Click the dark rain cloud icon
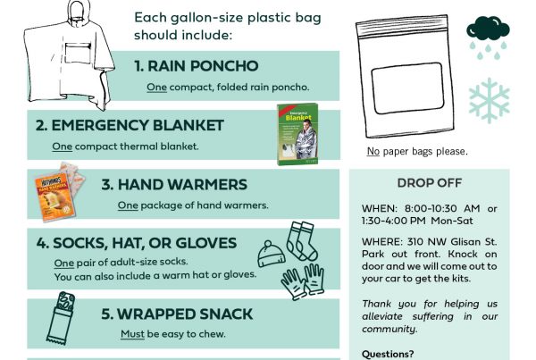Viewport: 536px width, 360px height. pos(488,29)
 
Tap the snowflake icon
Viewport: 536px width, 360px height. pos(490,101)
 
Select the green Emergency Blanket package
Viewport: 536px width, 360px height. pos(297,134)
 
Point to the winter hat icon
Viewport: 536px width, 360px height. pos(271,254)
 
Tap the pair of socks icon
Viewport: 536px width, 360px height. pos(302,241)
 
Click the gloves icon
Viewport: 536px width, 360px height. pos(303,281)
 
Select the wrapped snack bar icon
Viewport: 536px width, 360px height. pos(61,318)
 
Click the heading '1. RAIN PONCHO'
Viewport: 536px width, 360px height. pos(197,66)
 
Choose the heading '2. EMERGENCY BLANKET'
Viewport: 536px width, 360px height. pos(130,125)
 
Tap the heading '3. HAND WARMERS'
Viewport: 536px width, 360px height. pos(174,185)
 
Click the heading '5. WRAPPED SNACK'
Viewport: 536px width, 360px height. pos(177,314)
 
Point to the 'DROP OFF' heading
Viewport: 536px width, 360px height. pos(430,183)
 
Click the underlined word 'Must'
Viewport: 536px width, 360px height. pos(132,334)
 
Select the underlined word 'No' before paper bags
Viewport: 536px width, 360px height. pos(373,151)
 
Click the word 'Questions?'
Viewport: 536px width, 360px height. pos(388,354)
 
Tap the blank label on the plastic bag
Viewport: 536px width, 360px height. pos(407,88)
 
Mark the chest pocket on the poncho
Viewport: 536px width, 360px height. pos(78,54)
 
